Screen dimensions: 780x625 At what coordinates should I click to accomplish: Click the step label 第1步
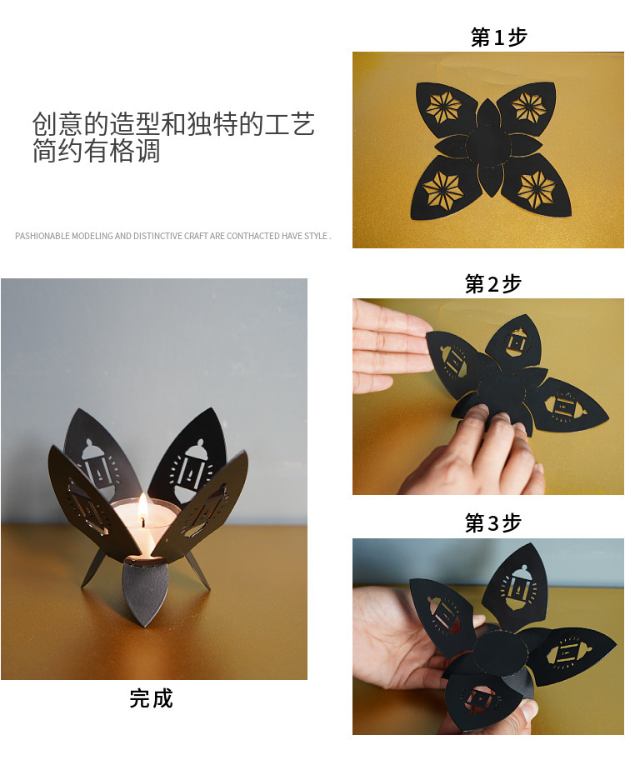(x=498, y=37)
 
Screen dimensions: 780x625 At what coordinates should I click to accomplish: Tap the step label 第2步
(x=492, y=284)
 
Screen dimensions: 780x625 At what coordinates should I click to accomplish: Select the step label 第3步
(x=492, y=523)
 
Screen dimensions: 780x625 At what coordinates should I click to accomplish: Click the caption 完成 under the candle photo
(x=151, y=698)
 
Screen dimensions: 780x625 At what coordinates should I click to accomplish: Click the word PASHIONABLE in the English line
(x=42, y=237)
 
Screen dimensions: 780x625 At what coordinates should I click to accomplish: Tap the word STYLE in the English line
(x=315, y=237)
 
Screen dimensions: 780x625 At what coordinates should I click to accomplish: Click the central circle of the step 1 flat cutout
(x=487, y=147)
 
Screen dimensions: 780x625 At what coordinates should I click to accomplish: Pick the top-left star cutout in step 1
(x=443, y=107)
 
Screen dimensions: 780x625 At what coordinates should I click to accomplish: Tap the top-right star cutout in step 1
(x=528, y=107)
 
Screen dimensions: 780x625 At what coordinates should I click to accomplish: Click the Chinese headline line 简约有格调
(x=96, y=152)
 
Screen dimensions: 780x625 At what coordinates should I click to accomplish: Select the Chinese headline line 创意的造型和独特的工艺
(x=173, y=124)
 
